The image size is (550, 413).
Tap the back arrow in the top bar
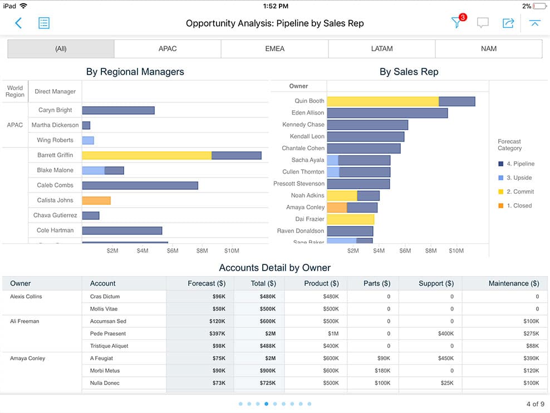(x=18, y=23)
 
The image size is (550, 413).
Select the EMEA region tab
(x=274, y=49)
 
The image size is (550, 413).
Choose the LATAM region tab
(x=381, y=49)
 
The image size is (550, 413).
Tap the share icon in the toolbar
(x=508, y=23)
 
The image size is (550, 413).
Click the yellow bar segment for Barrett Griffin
(x=146, y=155)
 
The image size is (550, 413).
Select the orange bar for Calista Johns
(x=96, y=200)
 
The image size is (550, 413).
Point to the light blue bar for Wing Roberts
(x=88, y=140)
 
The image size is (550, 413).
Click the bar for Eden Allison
(x=387, y=113)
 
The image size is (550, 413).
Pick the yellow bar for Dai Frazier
(x=350, y=219)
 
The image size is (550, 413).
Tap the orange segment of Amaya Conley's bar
(x=337, y=208)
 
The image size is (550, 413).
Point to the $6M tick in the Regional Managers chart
(x=173, y=251)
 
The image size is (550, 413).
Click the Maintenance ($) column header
(x=513, y=283)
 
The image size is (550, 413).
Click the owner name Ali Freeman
(x=24, y=321)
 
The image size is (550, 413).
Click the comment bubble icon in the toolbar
(x=483, y=23)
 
